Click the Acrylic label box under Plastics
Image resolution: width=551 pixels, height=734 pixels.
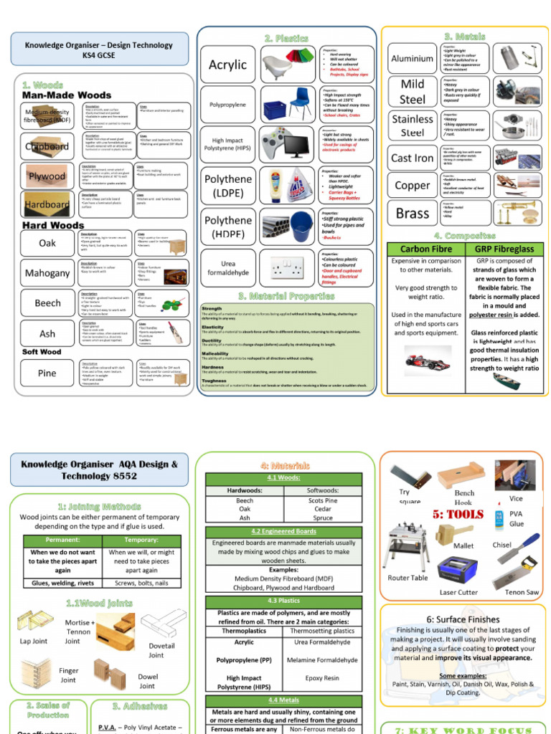(227, 65)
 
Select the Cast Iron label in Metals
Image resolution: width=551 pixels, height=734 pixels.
(412, 158)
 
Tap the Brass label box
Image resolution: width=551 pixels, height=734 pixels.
(412, 213)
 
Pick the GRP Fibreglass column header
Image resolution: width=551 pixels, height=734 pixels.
(494, 249)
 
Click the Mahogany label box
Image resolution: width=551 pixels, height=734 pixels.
(47, 273)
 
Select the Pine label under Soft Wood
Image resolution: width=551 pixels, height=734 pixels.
(47, 373)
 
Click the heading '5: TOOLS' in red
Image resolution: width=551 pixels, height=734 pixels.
(458, 515)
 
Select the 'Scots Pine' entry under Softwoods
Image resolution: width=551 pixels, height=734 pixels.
(323, 500)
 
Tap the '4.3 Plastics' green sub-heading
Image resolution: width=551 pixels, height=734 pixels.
(283, 601)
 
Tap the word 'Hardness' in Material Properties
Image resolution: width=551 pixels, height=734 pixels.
(212, 366)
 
